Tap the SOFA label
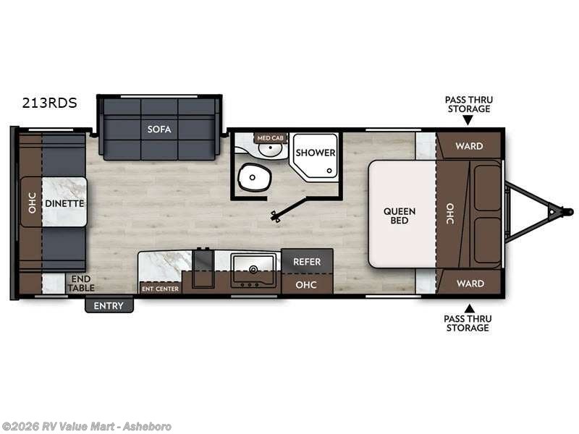(x=159, y=129)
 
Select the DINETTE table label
(x=64, y=203)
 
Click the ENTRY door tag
(x=109, y=305)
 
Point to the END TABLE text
(x=82, y=283)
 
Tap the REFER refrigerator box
(x=307, y=262)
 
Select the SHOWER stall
(x=315, y=153)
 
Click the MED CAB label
(x=270, y=137)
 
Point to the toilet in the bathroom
(x=252, y=176)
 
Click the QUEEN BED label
(x=400, y=216)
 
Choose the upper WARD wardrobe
(x=469, y=146)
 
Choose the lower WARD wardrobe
(x=469, y=284)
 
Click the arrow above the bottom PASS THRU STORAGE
(x=469, y=307)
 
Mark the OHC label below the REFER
(x=307, y=284)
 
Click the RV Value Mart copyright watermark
(x=87, y=426)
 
